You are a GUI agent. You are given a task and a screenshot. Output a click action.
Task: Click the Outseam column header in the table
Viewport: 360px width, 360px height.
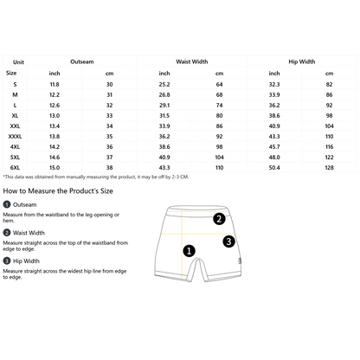(82, 61)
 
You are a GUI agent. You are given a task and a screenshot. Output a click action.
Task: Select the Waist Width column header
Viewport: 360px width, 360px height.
(192, 61)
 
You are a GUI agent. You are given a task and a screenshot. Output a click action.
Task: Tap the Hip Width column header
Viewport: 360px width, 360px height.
(302, 61)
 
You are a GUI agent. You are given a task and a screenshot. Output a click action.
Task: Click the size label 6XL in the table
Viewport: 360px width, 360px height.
(15, 168)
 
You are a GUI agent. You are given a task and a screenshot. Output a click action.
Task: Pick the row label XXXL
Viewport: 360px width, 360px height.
(15, 137)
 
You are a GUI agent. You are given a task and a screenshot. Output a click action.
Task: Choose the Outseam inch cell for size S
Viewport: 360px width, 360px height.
(55, 85)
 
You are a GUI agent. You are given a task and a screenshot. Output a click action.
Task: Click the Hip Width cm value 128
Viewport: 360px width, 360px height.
(329, 168)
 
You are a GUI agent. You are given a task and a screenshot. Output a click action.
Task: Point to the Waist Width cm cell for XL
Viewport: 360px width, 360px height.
(219, 116)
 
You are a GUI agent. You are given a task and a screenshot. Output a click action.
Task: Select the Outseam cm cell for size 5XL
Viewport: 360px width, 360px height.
(109, 157)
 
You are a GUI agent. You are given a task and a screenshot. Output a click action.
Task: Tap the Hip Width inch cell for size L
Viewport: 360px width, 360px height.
(274, 106)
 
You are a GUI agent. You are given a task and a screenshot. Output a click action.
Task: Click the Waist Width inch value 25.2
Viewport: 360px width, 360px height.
(164, 85)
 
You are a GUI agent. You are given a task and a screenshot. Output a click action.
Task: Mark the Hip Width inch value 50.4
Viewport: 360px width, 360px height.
(274, 168)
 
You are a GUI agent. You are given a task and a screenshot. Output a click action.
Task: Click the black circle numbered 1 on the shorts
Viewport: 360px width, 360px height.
(190, 251)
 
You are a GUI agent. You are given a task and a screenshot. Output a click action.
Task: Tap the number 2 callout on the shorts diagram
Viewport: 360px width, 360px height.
(219, 219)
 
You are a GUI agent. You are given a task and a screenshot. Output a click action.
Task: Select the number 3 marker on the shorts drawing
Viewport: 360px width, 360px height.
(228, 241)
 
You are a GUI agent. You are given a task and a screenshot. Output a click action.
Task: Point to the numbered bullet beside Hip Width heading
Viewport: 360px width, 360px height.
(7, 261)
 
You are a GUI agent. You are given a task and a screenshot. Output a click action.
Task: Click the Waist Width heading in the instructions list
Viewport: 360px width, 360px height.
(29, 233)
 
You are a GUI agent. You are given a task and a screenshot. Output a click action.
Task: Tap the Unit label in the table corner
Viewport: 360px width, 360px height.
(18, 62)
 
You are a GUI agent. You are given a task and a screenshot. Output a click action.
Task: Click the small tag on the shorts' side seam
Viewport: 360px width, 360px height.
(240, 260)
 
